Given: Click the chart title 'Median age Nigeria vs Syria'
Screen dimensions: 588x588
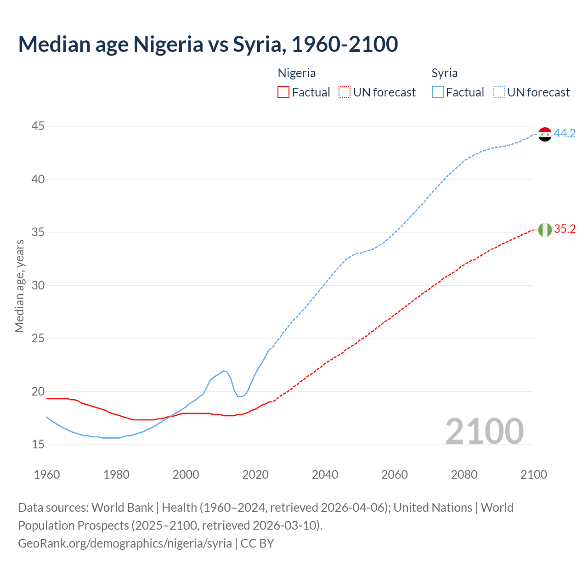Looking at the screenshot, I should [208, 44].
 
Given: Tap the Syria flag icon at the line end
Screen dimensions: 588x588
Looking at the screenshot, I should [545, 134].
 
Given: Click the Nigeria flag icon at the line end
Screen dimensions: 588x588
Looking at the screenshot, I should [545, 229].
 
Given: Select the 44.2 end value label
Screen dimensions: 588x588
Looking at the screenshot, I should [565, 134].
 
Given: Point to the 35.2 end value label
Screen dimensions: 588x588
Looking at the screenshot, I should [565, 229].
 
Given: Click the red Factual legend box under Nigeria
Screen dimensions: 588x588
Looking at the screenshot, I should [283, 92].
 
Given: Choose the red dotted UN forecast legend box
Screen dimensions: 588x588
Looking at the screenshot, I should [344, 92].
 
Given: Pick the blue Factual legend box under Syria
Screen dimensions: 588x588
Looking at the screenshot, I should [438, 92].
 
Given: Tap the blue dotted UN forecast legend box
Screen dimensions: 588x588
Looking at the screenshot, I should [498, 92].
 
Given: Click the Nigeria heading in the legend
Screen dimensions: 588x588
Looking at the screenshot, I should [297, 73].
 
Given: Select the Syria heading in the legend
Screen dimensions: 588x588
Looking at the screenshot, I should [444, 73].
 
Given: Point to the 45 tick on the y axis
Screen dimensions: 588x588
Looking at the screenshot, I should [38, 126].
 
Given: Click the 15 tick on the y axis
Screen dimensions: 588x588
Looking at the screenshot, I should [38, 444].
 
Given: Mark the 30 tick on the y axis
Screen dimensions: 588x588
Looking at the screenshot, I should [38, 285].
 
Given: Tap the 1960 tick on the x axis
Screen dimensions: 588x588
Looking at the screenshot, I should [47, 475].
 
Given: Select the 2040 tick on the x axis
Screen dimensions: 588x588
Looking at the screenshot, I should [325, 475].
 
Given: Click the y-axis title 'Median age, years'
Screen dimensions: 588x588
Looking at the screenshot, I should [19, 286].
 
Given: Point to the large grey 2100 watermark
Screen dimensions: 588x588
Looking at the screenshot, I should [484, 431].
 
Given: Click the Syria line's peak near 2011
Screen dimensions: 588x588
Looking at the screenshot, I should [224, 371].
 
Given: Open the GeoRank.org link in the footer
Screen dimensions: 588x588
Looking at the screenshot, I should [125, 543].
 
